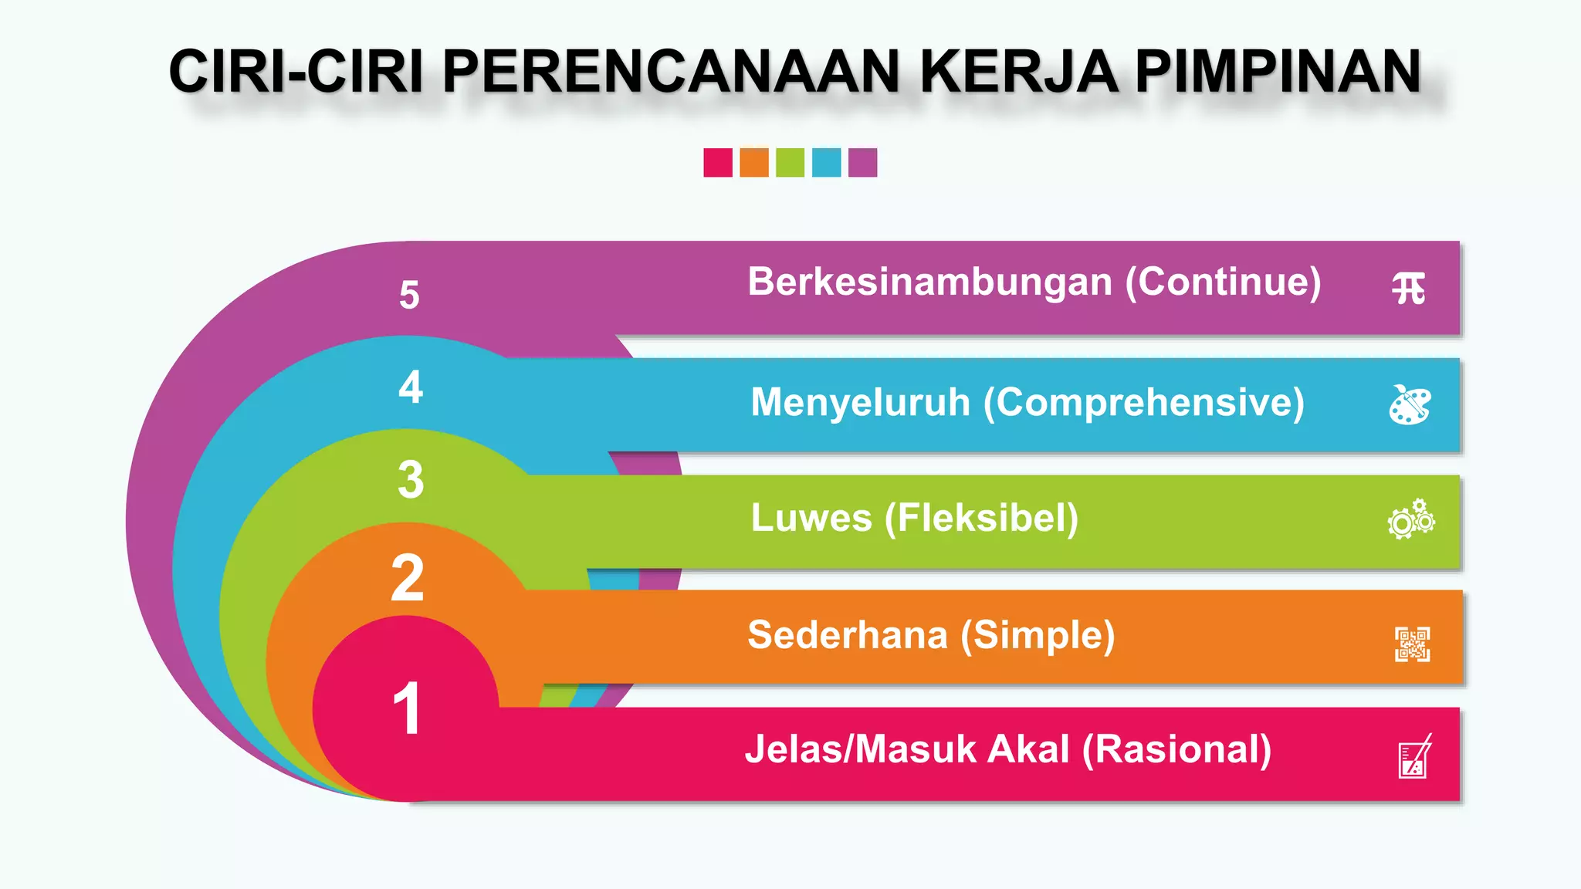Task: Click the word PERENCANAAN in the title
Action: (x=670, y=72)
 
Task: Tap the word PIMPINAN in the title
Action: (x=1278, y=72)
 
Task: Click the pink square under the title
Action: (x=718, y=163)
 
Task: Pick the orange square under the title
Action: (x=754, y=163)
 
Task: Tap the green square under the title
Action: (x=790, y=163)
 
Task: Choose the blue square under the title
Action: (x=826, y=163)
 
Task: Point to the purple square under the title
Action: (x=862, y=163)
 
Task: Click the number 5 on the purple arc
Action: (x=409, y=295)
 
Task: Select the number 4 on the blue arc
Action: (x=411, y=387)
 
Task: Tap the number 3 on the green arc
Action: (x=411, y=479)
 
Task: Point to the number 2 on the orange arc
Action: (x=408, y=578)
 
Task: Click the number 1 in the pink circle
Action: (x=407, y=708)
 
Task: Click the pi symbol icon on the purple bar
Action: (x=1409, y=289)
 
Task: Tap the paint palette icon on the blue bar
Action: (x=1410, y=404)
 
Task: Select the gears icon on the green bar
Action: (x=1411, y=519)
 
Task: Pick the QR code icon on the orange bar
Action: (x=1412, y=644)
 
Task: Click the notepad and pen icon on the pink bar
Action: (x=1414, y=757)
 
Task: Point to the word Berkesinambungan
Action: (x=929, y=282)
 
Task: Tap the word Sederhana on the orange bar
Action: (x=847, y=635)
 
